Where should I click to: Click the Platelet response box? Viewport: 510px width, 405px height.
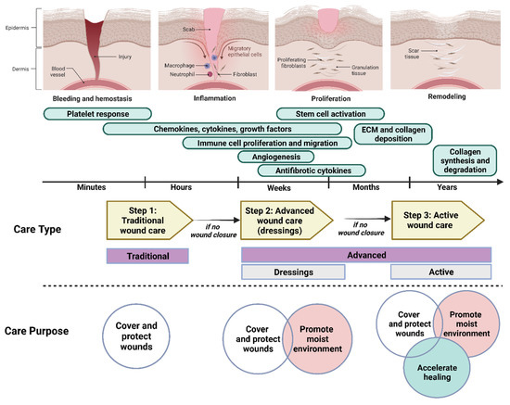[96, 113]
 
